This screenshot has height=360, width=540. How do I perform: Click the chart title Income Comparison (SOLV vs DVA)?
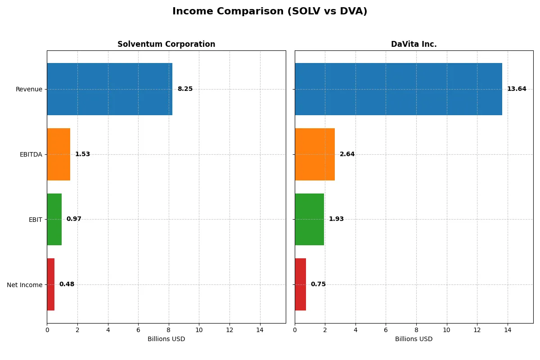(270, 12)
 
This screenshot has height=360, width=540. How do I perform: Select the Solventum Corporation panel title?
(166, 44)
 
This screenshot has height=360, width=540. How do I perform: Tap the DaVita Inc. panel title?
(414, 44)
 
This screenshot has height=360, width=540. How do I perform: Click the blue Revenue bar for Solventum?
(109, 89)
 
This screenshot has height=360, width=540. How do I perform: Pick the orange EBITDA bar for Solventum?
(58, 154)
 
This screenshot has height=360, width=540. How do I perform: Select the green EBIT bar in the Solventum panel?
(54, 219)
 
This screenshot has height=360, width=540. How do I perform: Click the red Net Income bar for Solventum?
(50, 284)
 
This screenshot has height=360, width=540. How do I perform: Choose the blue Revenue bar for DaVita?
(398, 89)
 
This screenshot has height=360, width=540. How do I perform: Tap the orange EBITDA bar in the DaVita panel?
(315, 154)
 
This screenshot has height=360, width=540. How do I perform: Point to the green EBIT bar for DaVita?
(309, 219)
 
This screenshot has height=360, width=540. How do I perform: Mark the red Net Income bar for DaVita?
(300, 284)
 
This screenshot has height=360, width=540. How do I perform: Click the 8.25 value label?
(185, 89)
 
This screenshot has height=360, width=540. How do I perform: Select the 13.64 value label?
(516, 89)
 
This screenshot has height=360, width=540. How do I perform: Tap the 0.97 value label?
(74, 219)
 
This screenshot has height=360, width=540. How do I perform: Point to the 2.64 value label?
(347, 154)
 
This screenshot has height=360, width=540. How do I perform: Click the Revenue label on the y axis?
(29, 89)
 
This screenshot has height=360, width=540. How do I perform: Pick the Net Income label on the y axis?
(24, 285)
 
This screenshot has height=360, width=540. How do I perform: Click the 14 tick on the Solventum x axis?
(260, 330)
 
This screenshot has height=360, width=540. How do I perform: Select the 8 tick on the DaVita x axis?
(416, 330)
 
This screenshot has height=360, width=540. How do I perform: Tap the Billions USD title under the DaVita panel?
(414, 339)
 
